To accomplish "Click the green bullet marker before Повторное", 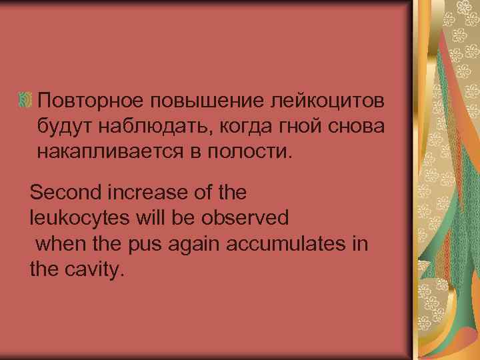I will [26, 101].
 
